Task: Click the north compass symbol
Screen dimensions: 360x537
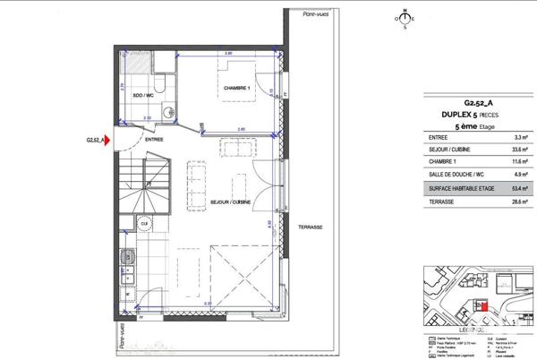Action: click(405, 18)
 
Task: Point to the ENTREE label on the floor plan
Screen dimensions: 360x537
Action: click(154, 140)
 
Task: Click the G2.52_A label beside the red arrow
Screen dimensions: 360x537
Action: click(95, 140)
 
